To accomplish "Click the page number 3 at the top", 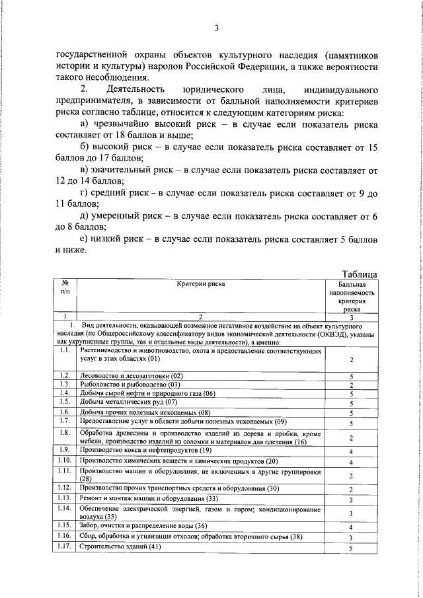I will (x=216, y=28).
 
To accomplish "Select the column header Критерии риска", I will (x=201, y=284).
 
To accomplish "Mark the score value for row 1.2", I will (x=352, y=375).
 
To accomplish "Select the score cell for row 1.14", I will (x=352, y=513).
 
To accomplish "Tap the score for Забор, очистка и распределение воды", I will (x=352, y=527).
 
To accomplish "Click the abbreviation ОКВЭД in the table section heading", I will (x=317, y=334).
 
